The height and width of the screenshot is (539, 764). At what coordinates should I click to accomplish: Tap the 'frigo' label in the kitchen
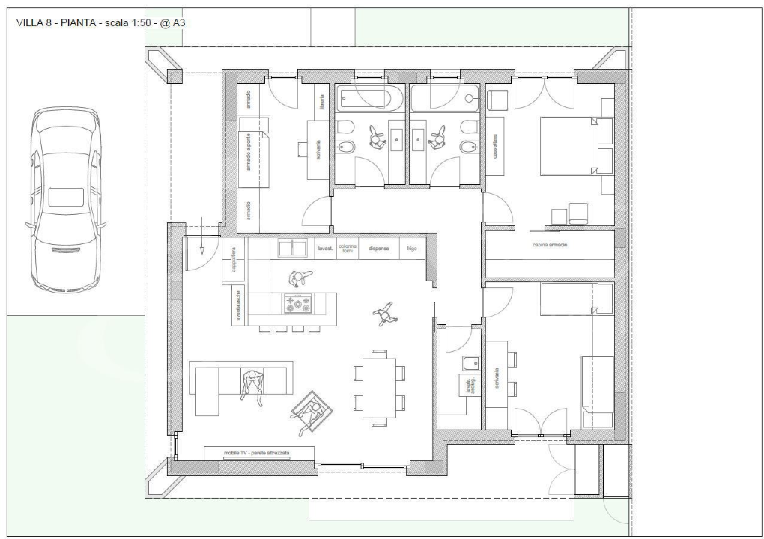[412, 247]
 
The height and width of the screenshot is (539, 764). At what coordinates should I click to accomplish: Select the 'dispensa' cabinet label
[378, 247]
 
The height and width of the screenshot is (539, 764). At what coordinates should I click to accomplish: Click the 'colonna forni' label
[348, 248]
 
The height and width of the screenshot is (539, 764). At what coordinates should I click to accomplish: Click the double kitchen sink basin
[292, 247]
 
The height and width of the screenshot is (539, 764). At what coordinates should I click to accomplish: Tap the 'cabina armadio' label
[549, 245]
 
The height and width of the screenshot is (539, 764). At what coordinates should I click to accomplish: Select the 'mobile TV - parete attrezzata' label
[257, 453]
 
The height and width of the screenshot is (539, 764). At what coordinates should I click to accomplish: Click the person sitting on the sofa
[252, 382]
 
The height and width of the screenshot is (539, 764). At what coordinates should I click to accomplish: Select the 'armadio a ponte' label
[248, 154]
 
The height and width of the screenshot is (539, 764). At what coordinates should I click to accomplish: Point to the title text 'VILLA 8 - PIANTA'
[56, 23]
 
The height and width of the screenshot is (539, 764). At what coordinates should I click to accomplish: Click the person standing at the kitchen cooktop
[297, 279]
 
